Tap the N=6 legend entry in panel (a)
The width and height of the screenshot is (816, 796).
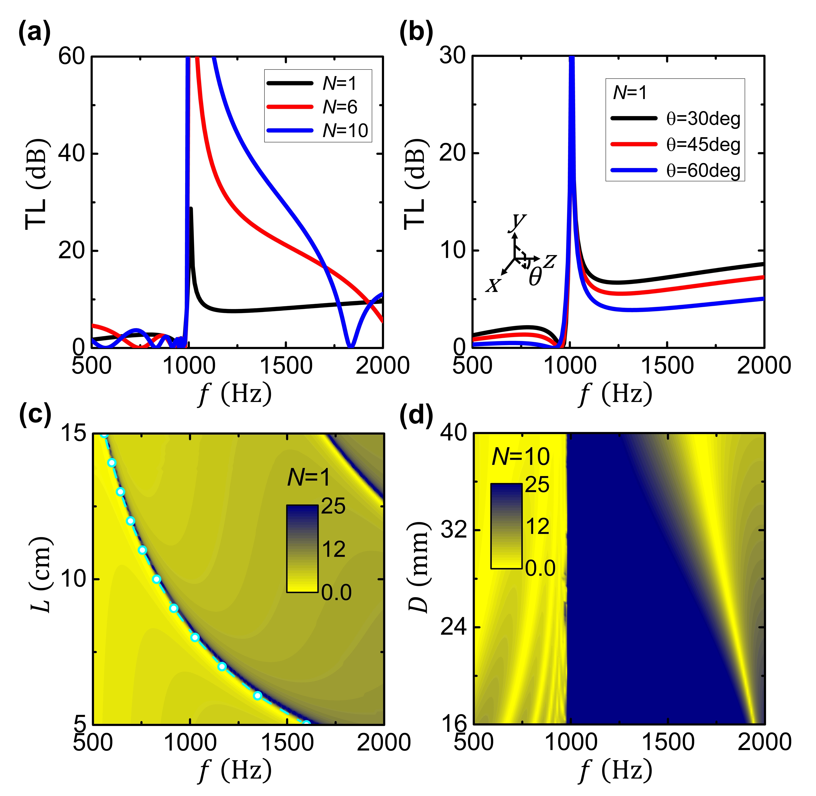click(x=318, y=107)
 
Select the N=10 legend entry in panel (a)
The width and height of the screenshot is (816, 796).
click(x=318, y=130)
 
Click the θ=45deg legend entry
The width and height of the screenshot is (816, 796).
click(x=675, y=145)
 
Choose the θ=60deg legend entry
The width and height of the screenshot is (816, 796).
click(x=675, y=171)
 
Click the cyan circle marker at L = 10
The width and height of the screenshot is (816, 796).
click(x=156, y=579)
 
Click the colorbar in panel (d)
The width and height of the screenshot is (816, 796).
click(x=506, y=526)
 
